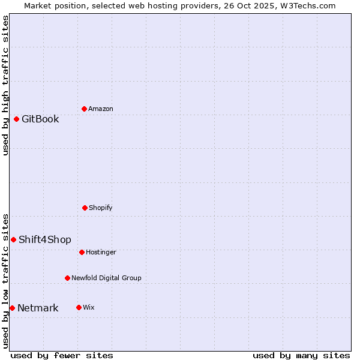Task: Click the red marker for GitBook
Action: tap(17, 119)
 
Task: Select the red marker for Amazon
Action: tap(84, 109)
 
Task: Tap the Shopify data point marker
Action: tap(85, 208)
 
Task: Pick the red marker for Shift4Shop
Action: tap(14, 239)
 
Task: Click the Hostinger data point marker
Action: tap(82, 252)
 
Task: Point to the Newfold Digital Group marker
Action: tap(67, 278)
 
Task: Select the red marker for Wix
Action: tap(79, 307)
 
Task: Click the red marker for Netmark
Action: tap(12, 308)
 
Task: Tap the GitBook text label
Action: tap(40, 119)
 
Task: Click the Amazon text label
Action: tap(101, 109)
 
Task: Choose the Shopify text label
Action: tap(101, 208)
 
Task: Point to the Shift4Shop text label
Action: tap(45, 240)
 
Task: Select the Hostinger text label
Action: tap(101, 252)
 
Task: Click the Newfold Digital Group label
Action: tap(106, 278)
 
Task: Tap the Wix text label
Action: tap(89, 307)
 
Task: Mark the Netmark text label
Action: tap(38, 308)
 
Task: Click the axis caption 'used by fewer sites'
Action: tap(62, 355)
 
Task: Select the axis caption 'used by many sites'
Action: tap(301, 355)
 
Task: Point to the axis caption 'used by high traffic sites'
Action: tap(5, 85)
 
